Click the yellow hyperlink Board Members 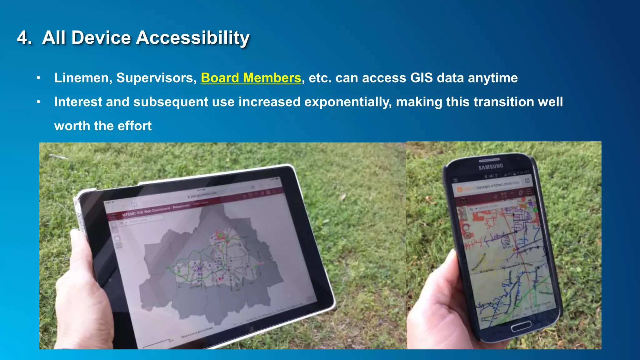[251, 78]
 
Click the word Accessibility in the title [192, 38]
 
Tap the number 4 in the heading [24, 38]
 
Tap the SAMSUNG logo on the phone [491, 167]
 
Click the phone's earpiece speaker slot [490, 160]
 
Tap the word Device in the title [102, 38]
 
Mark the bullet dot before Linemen [38, 78]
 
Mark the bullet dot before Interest [38, 102]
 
